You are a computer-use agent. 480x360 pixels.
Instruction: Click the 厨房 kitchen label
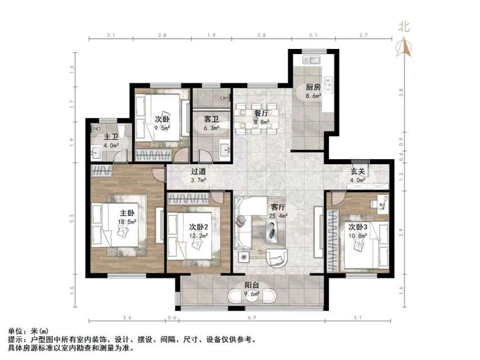pos(313,87)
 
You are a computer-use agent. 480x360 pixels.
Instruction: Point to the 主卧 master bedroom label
pos(126,213)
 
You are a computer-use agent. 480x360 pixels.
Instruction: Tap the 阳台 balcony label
pos(251,285)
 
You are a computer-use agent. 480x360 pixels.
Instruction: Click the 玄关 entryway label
pos(358,172)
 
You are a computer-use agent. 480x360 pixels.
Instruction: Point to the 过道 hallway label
pos(198,172)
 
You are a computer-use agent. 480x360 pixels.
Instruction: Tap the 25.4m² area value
pos(279,215)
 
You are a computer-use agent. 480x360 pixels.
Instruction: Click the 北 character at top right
pos(404,26)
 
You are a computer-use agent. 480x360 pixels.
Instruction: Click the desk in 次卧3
pos(383,202)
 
